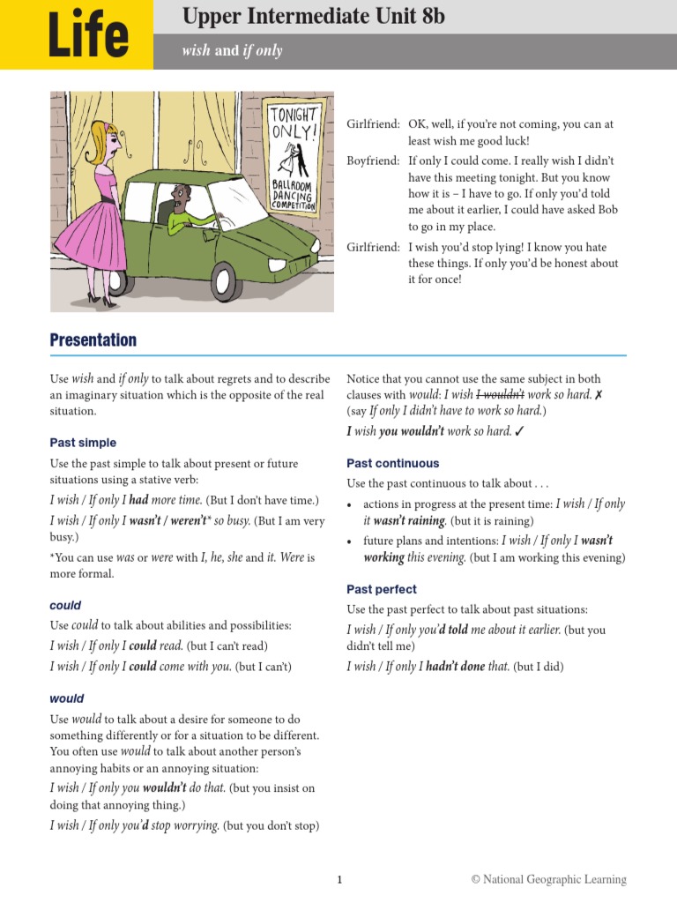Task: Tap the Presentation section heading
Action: click(93, 340)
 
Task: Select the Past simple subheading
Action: click(83, 443)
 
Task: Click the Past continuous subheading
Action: click(392, 463)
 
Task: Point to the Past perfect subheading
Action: click(382, 589)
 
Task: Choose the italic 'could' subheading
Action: click(65, 605)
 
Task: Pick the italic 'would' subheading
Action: click(67, 698)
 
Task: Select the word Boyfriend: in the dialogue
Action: click(374, 160)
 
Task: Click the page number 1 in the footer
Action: click(338, 879)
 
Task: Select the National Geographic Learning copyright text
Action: click(548, 879)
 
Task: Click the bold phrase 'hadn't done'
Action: click(455, 667)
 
